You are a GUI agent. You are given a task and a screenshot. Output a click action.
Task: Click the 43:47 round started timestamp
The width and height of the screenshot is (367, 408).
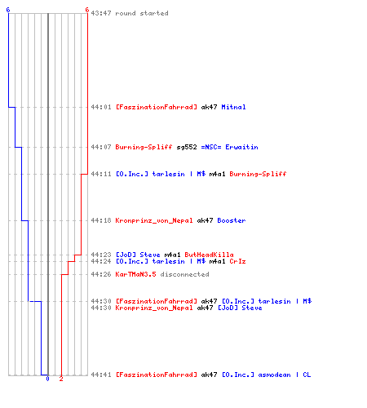pos(101,13)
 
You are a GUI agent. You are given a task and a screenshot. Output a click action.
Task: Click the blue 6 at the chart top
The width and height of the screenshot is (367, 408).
pos(8,10)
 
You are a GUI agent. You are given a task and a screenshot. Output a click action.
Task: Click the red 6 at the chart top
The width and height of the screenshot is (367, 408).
pos(86,10)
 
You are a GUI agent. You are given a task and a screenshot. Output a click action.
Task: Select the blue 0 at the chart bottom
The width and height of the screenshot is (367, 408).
pos(48,379)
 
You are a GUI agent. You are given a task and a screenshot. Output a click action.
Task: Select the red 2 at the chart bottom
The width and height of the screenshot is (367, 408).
pos(61,379)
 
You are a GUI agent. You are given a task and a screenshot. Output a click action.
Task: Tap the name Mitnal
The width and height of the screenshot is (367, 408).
pos(233,107)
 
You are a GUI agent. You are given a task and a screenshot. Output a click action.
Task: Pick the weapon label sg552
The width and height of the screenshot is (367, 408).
pos(187,147)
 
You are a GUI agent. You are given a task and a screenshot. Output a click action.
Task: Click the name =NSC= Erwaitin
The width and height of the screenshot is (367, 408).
pos(229,147)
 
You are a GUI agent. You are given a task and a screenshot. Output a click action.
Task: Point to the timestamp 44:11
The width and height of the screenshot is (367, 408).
pos(101,174)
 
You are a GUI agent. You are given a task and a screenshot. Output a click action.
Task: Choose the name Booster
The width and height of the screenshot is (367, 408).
pos(232,220)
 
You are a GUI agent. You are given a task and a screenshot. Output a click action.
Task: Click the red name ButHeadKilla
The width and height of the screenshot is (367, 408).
pos(209,255)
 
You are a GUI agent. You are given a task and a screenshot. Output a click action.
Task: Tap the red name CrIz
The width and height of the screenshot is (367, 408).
pos(237,261)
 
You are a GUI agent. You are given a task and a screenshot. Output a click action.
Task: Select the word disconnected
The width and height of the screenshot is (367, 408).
pos(184,274)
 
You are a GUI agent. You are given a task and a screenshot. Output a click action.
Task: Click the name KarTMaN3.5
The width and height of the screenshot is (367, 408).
pos(135,274)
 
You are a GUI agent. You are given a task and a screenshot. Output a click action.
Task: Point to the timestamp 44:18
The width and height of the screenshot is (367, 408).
pos(101,220)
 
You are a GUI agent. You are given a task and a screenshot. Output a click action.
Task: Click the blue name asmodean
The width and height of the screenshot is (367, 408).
pos(274,375)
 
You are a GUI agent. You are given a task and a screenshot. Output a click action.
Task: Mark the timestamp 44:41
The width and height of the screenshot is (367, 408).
pos(101,375)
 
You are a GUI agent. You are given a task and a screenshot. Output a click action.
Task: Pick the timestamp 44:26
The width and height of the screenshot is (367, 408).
pos(101,274)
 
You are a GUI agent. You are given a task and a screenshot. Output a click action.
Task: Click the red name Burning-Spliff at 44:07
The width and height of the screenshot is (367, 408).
pos(144,147)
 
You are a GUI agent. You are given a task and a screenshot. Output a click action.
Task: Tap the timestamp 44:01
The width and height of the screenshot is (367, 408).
pos(101,107)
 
